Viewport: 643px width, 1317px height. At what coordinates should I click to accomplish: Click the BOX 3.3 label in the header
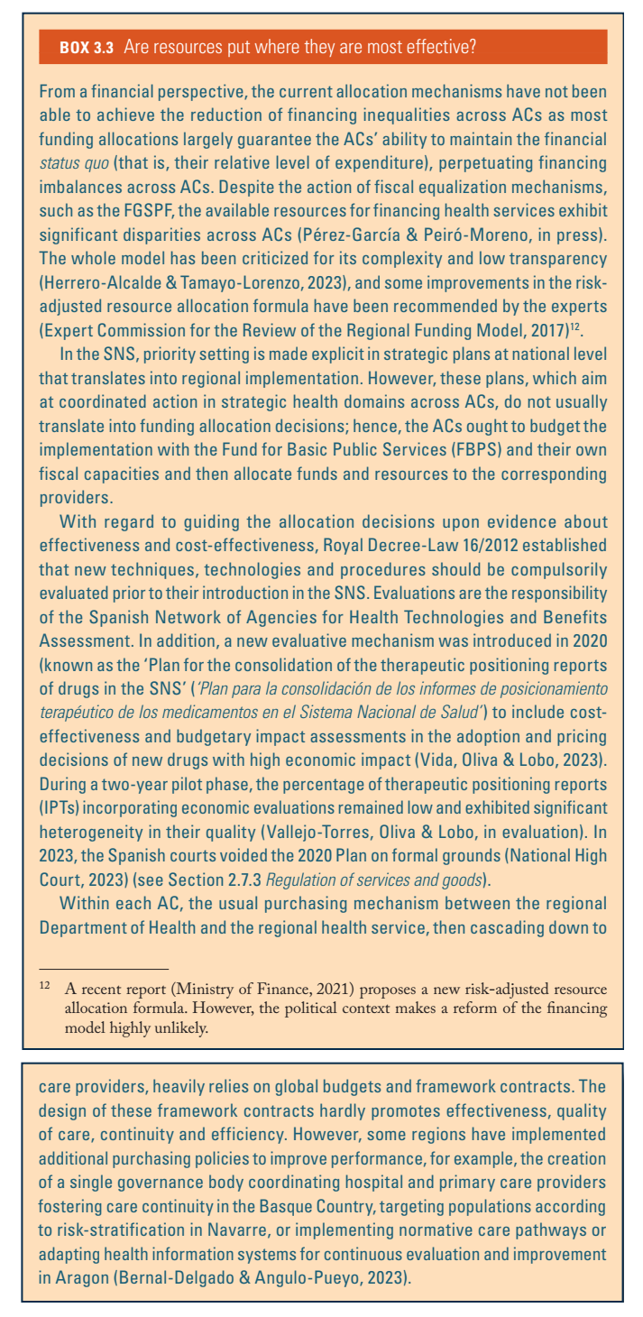(86, 48)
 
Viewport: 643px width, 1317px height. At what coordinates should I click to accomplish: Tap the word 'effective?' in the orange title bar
(442, 48)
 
